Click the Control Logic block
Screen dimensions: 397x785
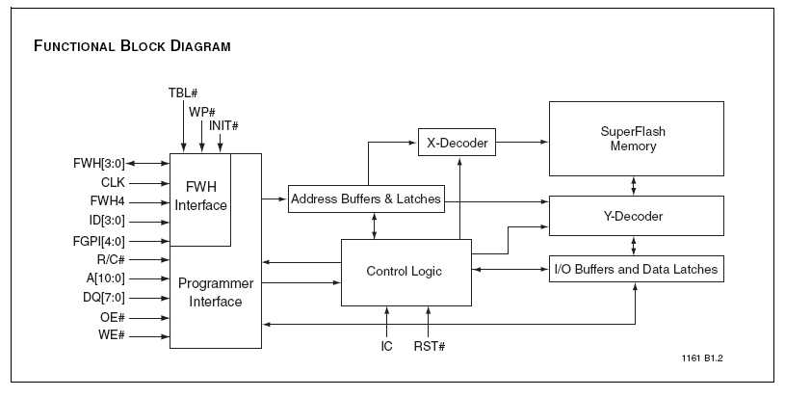point(405,272)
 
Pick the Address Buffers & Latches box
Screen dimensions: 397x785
point(366,198)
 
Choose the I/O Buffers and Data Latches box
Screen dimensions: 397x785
point(635,269)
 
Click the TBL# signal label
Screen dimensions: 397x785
point(182,93)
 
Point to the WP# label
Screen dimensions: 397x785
point(201,111)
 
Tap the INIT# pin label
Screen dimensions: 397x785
point(223,126)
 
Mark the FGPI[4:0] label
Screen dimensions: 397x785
point(100,241)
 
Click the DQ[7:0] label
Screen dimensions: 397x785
point(104,298)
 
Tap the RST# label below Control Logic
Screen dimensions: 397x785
point(429,346)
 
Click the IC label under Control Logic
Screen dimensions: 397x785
point(386,346)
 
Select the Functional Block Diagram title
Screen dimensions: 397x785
point(132,46)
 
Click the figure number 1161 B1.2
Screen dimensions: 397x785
point(702,357)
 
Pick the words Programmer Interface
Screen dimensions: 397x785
point(216,293)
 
